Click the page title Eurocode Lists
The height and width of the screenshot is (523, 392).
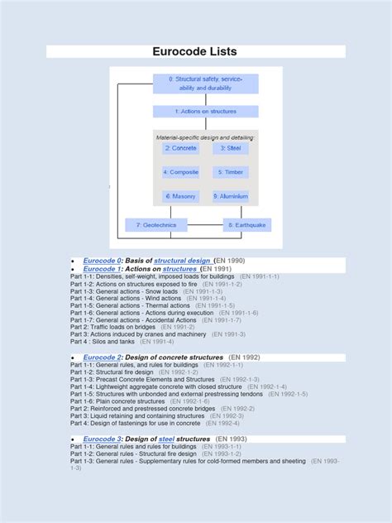195,51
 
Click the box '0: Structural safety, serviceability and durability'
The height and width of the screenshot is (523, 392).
205,84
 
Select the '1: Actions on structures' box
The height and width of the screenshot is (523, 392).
205,111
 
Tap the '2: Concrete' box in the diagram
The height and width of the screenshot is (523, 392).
180,148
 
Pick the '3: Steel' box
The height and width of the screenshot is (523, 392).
230,148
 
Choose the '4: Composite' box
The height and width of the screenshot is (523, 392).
180,172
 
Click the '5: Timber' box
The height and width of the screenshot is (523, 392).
230,172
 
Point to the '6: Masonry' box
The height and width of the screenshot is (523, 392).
180,197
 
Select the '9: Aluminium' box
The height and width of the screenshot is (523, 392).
230,197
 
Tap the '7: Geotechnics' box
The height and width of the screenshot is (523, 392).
156,225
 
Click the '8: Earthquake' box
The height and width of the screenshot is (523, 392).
246,225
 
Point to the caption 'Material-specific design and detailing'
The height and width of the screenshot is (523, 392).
205,137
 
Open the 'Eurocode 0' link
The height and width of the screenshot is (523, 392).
103,261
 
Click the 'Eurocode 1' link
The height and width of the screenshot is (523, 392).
103,269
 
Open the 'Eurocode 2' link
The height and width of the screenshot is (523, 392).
103,357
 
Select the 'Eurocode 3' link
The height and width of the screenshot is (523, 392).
103,439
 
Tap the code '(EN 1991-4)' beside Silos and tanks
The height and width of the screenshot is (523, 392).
157,341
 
